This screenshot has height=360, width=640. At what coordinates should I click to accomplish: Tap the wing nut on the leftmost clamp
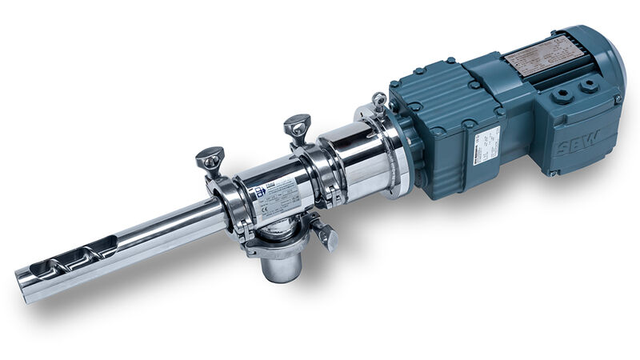click(x=210, y=158)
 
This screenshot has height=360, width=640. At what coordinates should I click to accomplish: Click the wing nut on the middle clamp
click(x=297, y=126)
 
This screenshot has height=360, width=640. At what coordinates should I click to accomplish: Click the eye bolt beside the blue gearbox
click(x=379, y=101)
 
